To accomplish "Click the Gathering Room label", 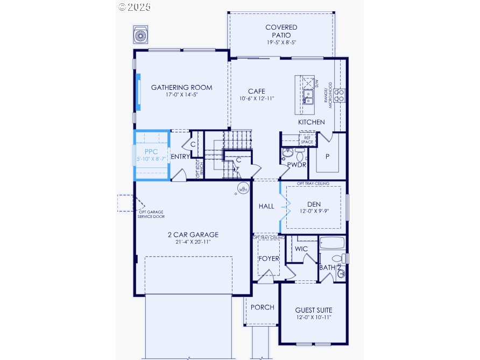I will (181, 88).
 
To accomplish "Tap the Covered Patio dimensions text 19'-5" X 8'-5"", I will (281, 43).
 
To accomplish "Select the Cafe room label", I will (256, 91).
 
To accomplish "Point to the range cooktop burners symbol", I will (340, 96).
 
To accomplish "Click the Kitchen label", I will (312, 122).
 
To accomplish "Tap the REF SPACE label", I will (307, 140).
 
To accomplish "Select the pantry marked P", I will (327, 156).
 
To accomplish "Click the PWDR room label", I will (296, 165).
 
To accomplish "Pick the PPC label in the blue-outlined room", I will (151, 152).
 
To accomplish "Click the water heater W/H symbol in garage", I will (243, 189).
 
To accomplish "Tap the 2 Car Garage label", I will (192, 235).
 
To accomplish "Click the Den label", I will (313, 204).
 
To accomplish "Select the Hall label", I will (266, 206).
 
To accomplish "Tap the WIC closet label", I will (301, 249).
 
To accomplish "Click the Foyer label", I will (269, 259).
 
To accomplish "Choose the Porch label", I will (262, 307).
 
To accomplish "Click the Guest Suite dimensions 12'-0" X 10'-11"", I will (313, 318).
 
